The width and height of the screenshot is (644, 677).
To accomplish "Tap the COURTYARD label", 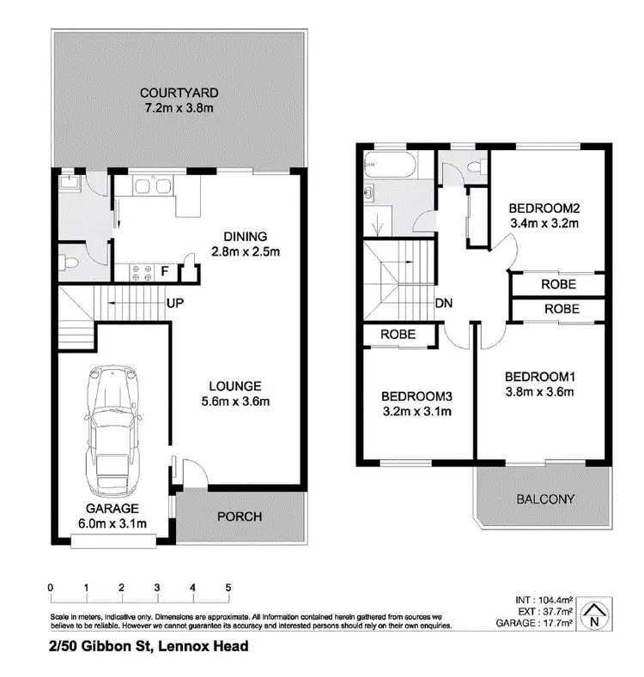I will (179, 93).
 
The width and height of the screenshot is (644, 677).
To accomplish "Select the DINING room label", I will (246, 236).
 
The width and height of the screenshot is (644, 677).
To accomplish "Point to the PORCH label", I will (239, 517).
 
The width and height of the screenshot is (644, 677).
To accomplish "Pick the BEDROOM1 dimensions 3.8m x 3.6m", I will (538, 392).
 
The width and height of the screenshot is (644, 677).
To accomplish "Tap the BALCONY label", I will (545, 499).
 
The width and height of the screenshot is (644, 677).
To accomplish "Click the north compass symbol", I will (592, 613).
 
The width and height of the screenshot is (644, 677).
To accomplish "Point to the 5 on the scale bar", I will (228, 588).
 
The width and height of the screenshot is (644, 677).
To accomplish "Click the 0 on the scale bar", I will (52, 588).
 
